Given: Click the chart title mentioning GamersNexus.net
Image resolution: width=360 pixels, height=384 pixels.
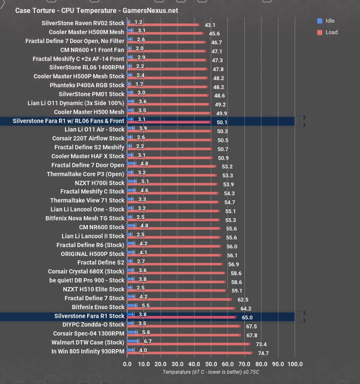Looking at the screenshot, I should (x=96, y=11).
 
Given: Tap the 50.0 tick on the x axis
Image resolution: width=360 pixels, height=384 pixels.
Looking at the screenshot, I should (x=211, y=364).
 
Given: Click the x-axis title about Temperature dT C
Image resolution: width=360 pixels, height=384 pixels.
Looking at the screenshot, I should (x=211, y=372).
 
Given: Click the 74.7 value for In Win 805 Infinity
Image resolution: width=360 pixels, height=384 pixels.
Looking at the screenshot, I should (x=263, y=353).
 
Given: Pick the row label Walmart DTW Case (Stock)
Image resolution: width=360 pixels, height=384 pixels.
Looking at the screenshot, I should (x=88, y=342).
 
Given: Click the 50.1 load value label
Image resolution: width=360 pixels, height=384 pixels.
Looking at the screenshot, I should (x=222, y=122).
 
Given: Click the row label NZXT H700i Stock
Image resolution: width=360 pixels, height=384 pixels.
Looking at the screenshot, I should (x=100, y=183).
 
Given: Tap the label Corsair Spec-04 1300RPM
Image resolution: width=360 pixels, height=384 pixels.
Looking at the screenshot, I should (x=89, y=333).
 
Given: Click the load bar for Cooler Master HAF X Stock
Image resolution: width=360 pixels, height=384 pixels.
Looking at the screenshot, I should (x=170, y=158).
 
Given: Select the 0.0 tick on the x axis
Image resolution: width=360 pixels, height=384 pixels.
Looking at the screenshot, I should (x=127, y=364).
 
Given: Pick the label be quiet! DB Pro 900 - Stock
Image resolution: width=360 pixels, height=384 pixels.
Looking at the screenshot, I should (x=87, y=280).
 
